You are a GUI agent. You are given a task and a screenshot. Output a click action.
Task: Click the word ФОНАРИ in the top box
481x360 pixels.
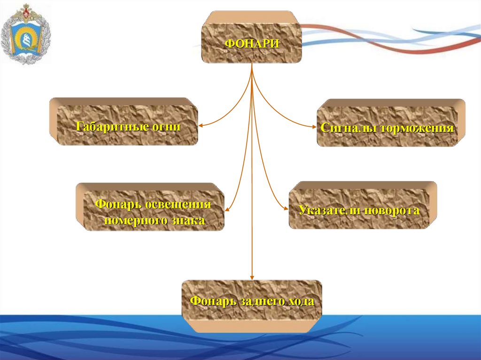[x=252, y=44]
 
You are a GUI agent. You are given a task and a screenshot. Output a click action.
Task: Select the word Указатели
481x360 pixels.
[x=327, y=211]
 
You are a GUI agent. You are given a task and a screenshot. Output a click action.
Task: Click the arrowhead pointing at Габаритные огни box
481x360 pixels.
[x=201, y=126]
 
